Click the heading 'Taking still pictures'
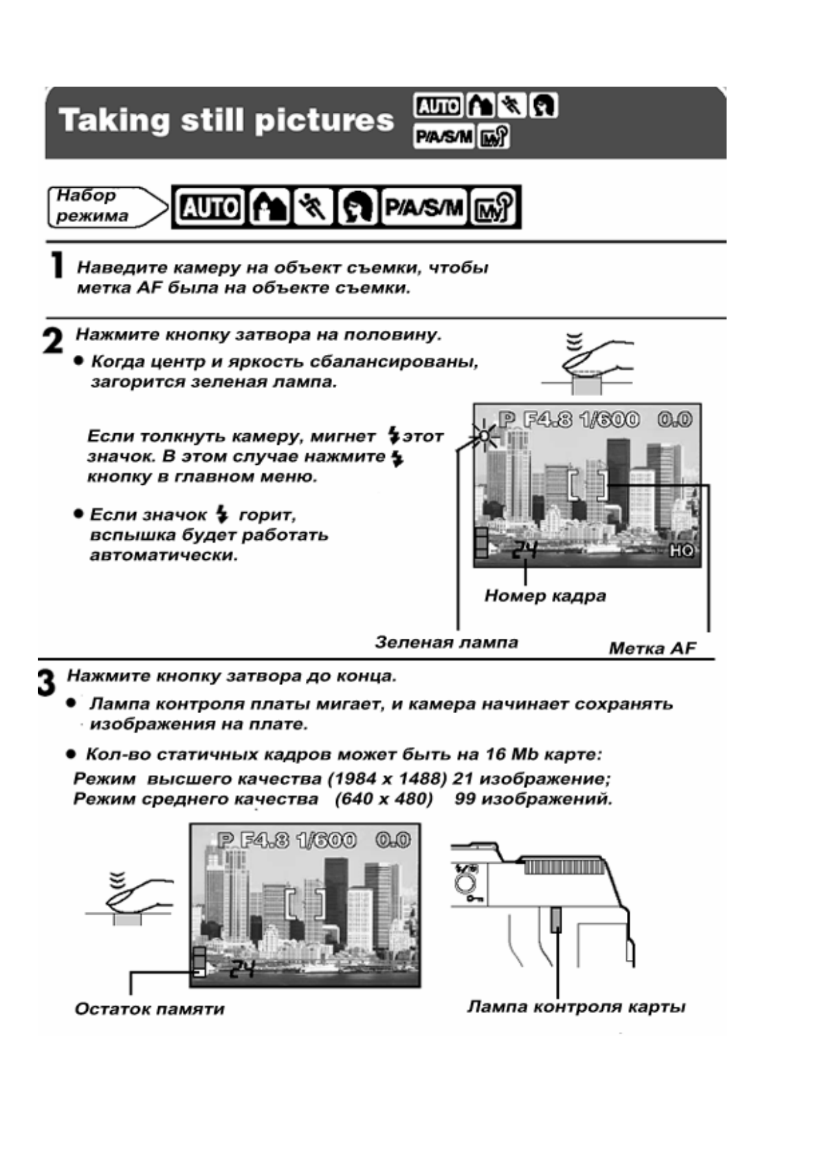click(226, 121)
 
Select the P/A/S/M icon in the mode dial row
click(424, 207)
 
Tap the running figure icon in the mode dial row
click(313, 207)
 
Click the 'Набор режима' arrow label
click(103, 206)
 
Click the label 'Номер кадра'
click(545, 596)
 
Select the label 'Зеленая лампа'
click(446, 642)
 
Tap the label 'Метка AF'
click(652, 648)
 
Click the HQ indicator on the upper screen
click(682, 550)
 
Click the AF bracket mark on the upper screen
click(588, 485)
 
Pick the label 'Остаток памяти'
click(149, 1009)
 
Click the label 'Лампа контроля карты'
click(576, 1007)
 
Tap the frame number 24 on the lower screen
click(242, 970)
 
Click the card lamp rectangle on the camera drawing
click(556, 918)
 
